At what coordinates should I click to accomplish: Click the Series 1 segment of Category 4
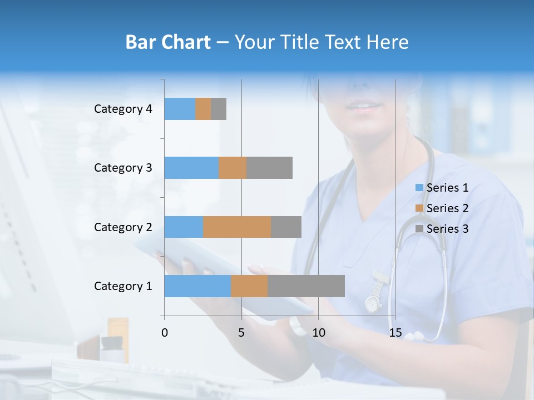pos(180,109)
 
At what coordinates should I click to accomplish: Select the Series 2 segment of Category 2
pos(237,227)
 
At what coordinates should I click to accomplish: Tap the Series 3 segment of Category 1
pos(306,286)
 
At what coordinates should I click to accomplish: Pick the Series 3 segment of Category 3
pos(269,168)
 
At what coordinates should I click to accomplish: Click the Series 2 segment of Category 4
pos(203,109)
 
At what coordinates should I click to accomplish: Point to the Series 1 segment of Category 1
pos(197,286)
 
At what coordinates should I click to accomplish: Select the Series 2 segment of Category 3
pos(233,168)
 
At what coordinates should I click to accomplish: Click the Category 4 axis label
pos(123,109)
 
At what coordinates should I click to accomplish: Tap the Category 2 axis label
pos(123,227)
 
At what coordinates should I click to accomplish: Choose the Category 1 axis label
pos(123,286)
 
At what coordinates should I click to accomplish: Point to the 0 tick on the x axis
pos(165,333)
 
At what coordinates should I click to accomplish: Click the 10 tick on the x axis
pos(318,333)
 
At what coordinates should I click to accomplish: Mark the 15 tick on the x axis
pos(395,333)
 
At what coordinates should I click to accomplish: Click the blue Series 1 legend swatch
pos(419,188)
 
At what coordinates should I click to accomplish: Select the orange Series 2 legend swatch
pos(419,208)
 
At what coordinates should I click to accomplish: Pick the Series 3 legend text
pos(448,229)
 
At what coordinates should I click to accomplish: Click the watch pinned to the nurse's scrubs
pos(372,303)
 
